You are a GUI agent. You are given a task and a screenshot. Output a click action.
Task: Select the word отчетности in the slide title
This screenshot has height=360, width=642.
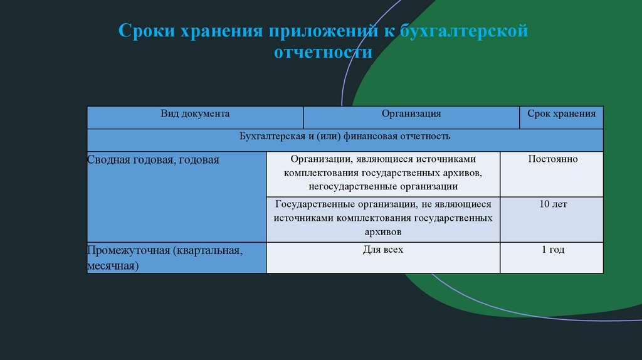pyautogui.click(x=323, y=52)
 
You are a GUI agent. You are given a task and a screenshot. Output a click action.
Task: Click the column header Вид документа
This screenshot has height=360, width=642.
pyautogui.click(x=194, y=114)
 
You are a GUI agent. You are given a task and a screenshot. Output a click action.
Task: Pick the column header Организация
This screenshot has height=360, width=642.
pyautogui.click(x=411, y=114)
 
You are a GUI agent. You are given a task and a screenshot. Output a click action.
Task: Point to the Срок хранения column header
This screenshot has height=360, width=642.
pyautogui.click(x=561, y=114)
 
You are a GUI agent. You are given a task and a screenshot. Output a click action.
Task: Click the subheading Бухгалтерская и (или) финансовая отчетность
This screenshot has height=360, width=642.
pyautogui.click(x=345, y=135)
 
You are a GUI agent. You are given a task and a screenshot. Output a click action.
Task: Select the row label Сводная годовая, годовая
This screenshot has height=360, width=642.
pyautogui.click(x=153, y=160)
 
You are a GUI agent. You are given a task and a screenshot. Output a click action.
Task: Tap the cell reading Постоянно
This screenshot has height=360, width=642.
pyautogui.click(x=552, y=159)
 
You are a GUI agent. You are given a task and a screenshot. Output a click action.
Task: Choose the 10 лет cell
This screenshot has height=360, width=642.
pyautogui.click(x=552, y=204)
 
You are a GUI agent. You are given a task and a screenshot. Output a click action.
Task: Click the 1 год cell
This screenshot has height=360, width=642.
pyautogui.click(x=552, y=250)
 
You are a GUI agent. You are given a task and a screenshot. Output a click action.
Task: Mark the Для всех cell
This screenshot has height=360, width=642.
pyautogui.click(x=382, y=250)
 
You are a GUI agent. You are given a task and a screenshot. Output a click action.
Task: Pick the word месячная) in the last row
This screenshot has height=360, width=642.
pyautogui.click(x=113, y=267)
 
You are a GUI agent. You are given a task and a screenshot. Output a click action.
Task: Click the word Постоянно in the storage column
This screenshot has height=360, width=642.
pyautogui.click(x=552, y=159)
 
